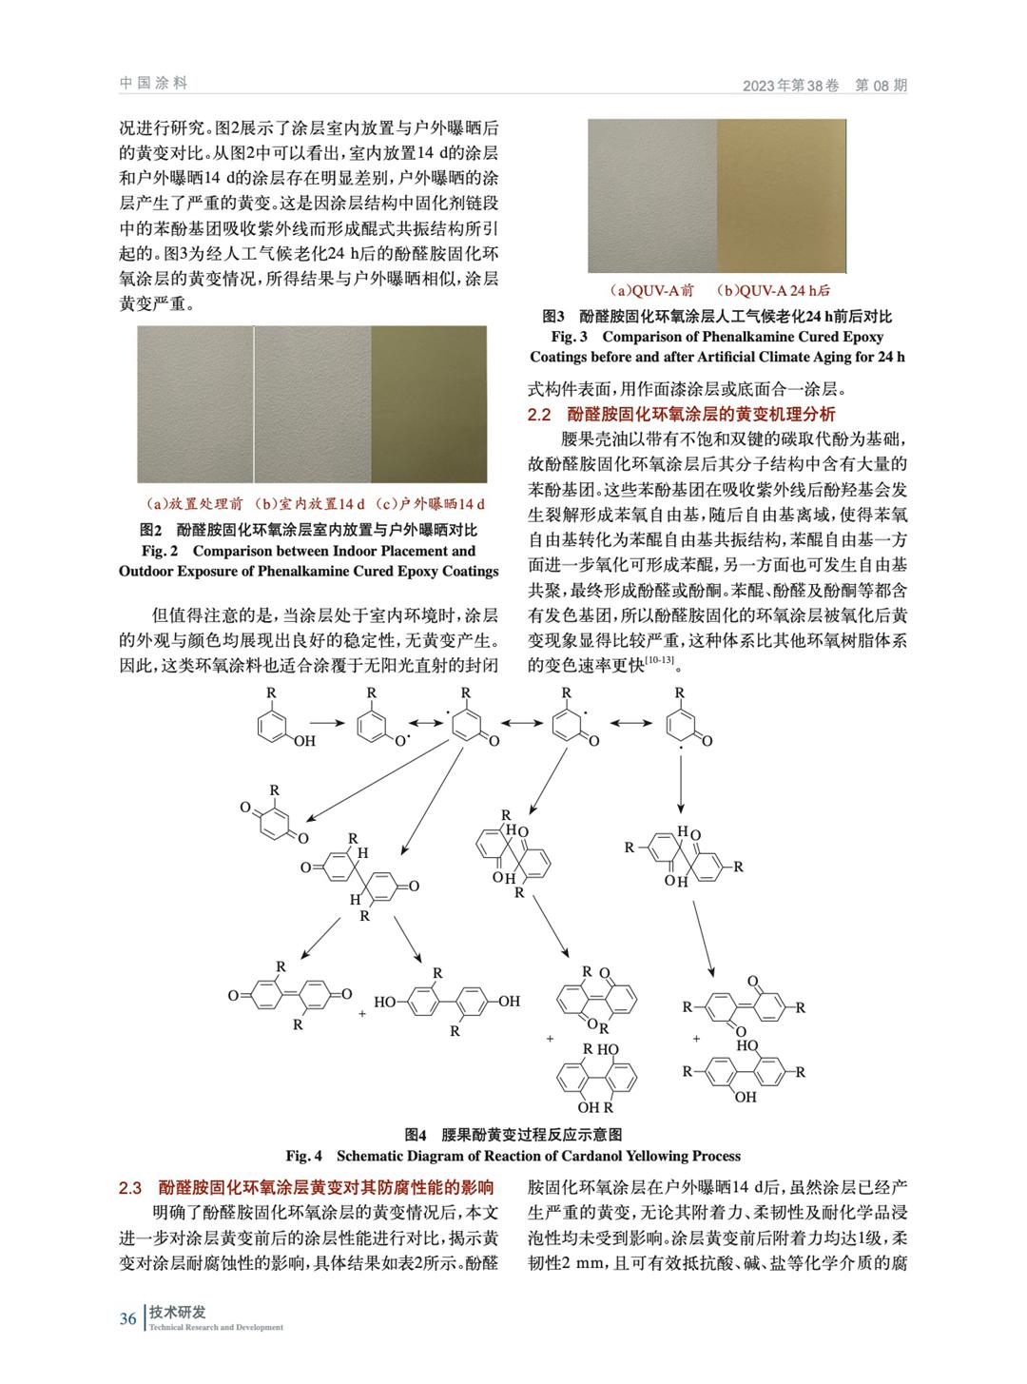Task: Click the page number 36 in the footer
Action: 127,1318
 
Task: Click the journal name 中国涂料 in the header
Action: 154,83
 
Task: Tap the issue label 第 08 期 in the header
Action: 882,85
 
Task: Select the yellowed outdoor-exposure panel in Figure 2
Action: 429,404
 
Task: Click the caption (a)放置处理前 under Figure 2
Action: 194,503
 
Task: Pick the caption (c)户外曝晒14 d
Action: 430,503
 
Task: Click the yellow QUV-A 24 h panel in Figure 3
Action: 781,196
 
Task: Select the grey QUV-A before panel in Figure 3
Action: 651,196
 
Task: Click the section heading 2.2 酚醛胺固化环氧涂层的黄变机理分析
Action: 682,414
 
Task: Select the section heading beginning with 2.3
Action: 306,1187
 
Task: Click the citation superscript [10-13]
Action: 659,660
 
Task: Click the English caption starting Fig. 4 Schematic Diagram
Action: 513,1156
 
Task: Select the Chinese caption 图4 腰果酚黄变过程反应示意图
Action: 513,1134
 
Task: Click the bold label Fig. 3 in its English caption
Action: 570,337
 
